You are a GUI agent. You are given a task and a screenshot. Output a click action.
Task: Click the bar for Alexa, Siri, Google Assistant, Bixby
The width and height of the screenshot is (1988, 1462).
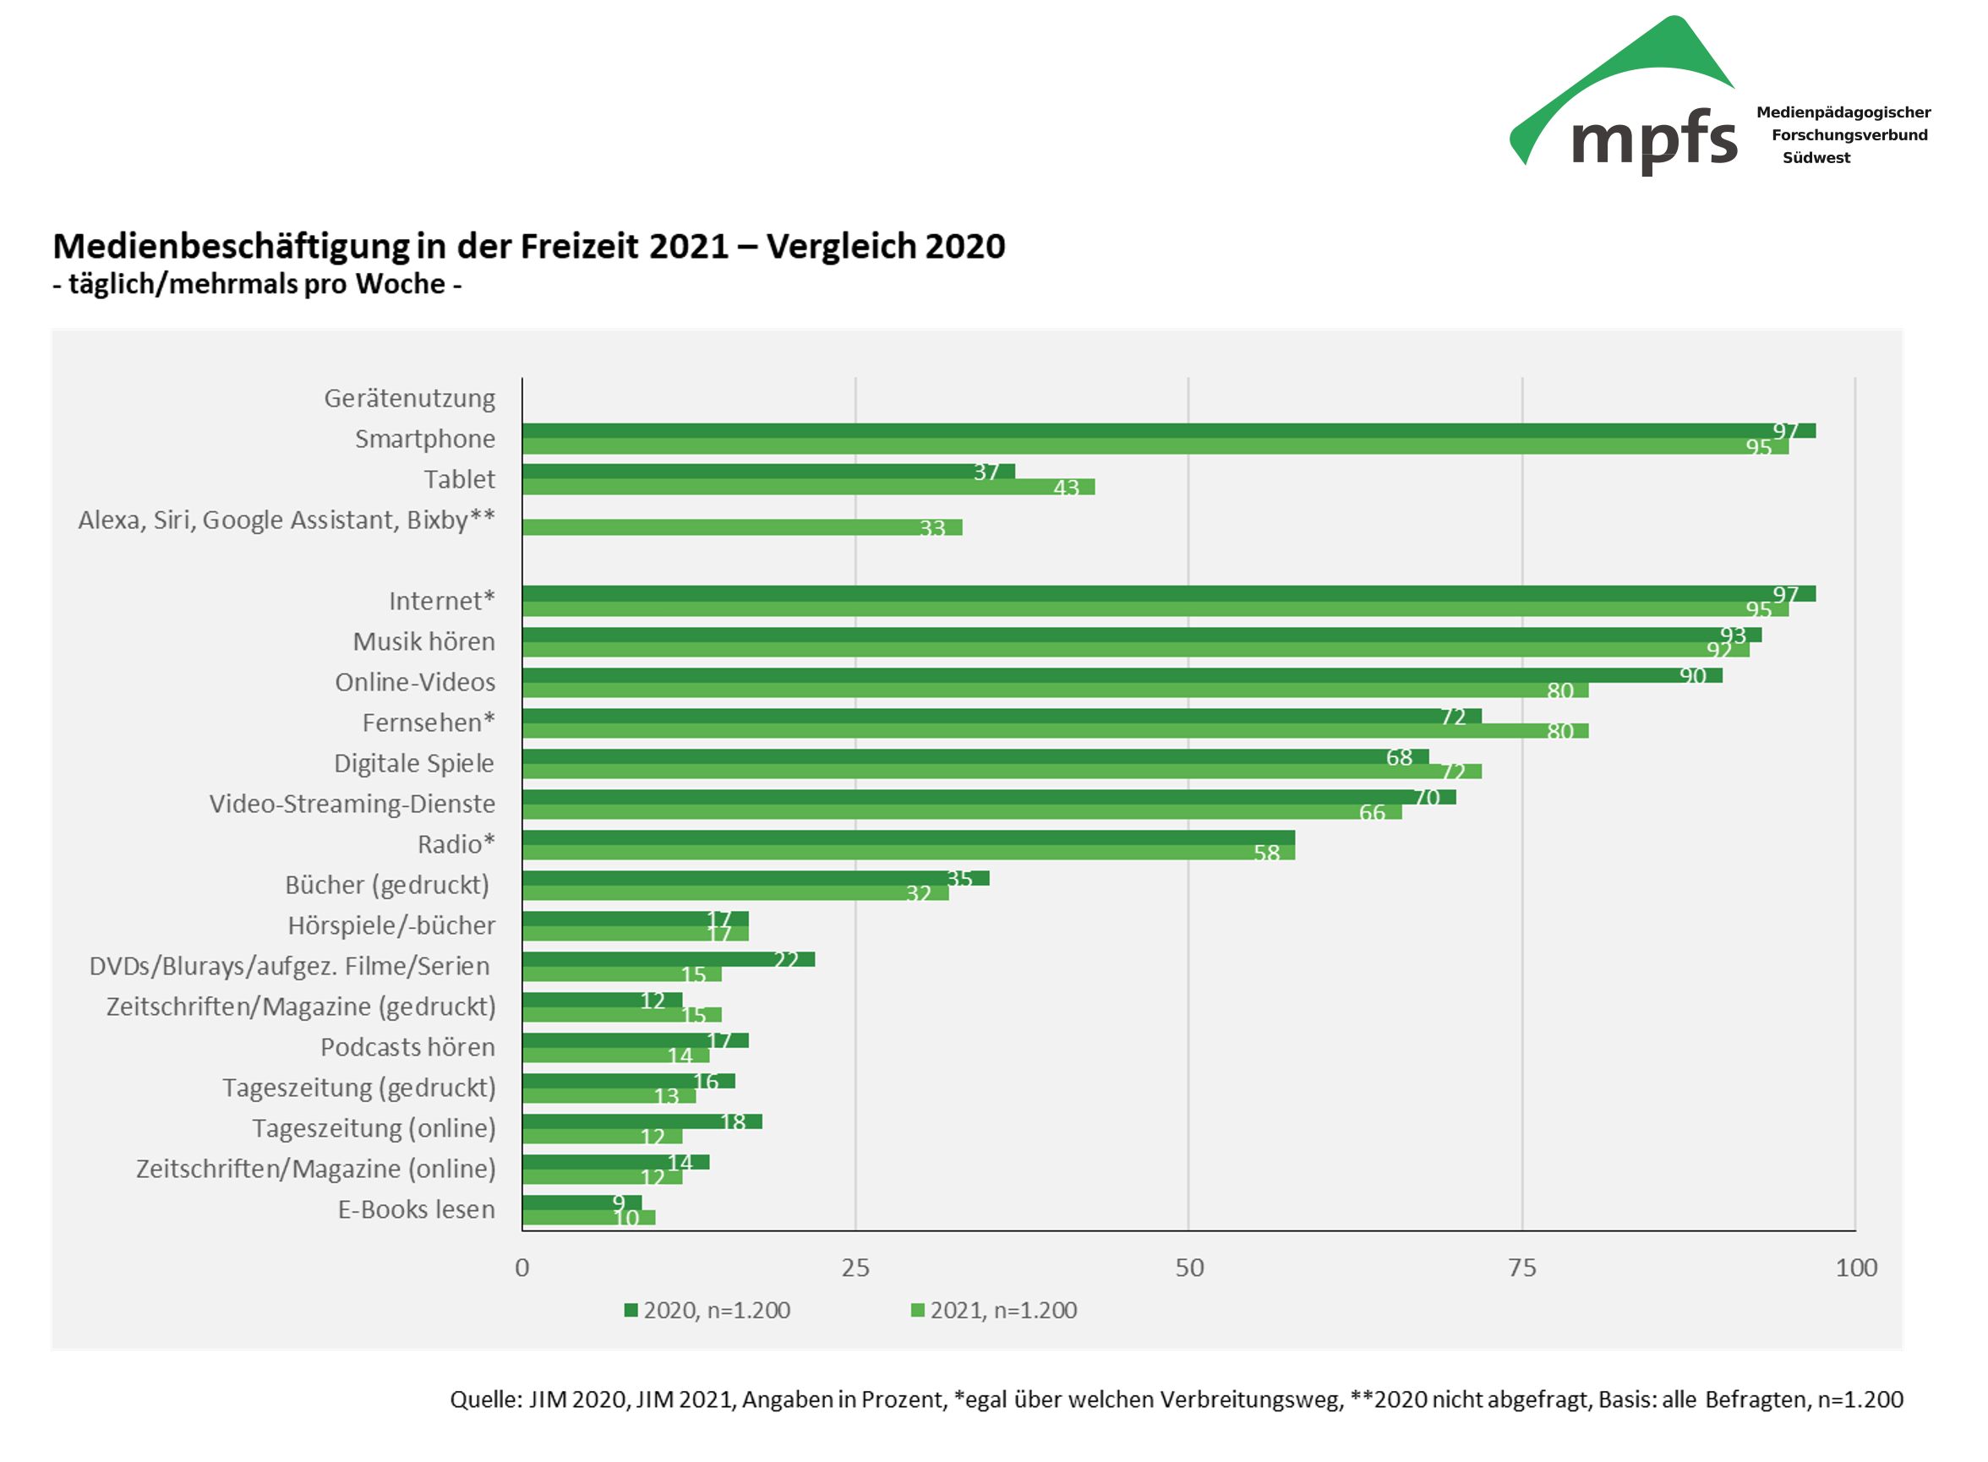point(741,527)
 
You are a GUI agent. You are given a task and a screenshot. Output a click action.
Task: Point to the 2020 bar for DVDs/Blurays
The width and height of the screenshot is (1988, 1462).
point(668,959)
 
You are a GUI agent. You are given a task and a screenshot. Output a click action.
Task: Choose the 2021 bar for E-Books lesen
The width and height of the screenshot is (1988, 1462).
point(587,1218)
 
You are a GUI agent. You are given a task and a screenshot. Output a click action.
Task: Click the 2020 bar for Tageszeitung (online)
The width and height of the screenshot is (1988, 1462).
point(641,1121)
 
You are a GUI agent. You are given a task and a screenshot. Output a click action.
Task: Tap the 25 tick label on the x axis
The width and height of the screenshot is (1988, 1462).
point(855,1268)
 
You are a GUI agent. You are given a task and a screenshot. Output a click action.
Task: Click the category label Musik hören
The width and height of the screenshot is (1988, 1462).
point(423,641)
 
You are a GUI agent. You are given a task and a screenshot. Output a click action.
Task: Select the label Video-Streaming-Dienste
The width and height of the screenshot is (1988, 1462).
point(352,804)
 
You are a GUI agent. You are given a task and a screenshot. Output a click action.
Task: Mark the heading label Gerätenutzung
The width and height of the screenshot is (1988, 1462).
point(409,398)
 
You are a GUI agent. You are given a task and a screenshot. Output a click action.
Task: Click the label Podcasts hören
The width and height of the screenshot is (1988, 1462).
point(407,1047)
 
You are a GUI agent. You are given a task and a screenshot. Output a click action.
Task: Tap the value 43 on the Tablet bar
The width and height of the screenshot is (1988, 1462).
point(1066,488)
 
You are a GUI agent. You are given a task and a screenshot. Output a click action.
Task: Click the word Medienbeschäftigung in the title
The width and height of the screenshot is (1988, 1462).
point(230,247)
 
